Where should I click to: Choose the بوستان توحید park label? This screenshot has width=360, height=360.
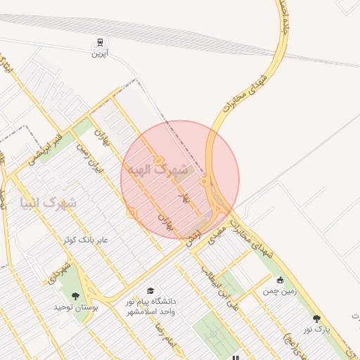[x=95, y=307]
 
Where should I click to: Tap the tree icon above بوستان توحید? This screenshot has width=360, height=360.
[x=75, y=296]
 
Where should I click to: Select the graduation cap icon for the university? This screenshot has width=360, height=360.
[x=149, y=290]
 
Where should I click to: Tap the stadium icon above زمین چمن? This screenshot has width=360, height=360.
[x=280, y=279]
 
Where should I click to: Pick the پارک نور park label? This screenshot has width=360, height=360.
[x=317, y=329]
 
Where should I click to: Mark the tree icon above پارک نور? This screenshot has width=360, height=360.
[x=316, y=319]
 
